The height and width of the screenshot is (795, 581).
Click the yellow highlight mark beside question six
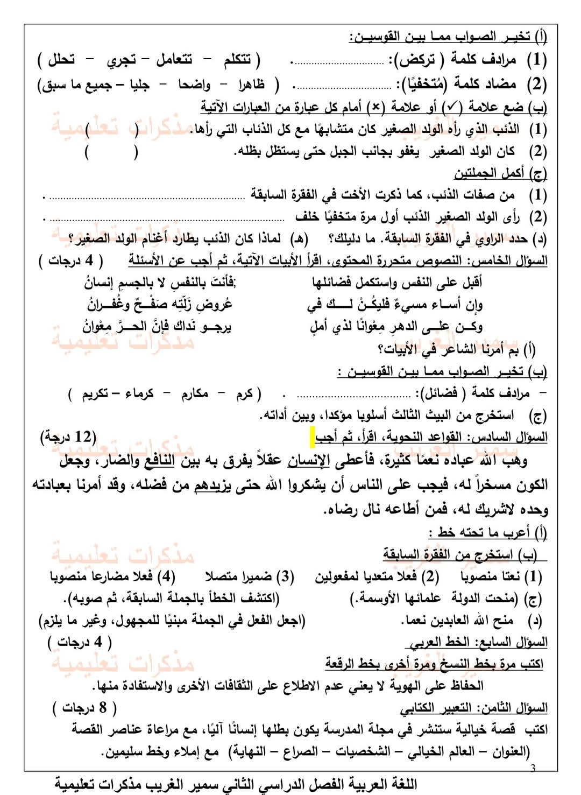tap(312, 437)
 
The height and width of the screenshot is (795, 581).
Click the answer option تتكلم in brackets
tap(237, 59)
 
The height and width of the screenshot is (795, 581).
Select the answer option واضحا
tap(194, 85)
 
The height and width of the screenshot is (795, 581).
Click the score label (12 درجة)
tap(68, 437)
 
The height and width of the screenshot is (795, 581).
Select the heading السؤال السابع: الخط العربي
tap(476, 642)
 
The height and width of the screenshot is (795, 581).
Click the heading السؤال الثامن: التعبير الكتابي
tap(473, 707)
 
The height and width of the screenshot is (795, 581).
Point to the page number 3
tap(533, 768)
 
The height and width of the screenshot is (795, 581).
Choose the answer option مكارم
tap(194, 393)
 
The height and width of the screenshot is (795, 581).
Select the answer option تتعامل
tap(174, 59)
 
